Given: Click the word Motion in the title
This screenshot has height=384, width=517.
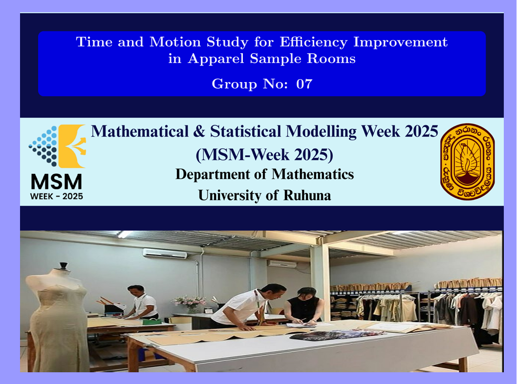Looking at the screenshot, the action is (175, 42).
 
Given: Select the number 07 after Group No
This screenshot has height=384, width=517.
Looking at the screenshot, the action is (304, 84).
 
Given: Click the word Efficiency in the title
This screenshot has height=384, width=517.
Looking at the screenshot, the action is (314, 42).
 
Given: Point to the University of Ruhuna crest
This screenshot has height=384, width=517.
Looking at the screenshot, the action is (467, 162).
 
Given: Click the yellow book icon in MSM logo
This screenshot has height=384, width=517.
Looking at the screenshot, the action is (72, 146).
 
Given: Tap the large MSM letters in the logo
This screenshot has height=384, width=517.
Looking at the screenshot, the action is (56, 182).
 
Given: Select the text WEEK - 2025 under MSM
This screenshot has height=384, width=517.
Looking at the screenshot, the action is (56, 196).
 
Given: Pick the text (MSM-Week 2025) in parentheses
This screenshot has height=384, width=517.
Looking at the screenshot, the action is (264, 154).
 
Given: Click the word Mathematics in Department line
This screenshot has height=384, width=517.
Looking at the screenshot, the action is (313, 174).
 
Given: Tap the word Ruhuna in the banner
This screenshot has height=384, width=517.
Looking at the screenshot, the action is (307, 195).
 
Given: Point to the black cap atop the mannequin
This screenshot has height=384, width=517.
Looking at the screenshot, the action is (64, 266).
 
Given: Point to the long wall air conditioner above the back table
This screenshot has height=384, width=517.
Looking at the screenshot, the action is (165, 253).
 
